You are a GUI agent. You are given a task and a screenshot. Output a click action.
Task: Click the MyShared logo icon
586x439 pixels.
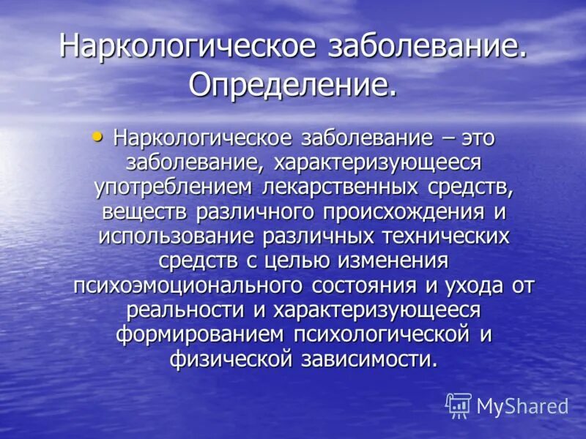click(x=459, y=405)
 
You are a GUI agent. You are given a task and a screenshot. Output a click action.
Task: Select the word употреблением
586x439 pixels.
click(x=172, y=187)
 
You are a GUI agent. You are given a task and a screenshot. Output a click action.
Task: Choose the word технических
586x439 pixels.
click(x=438, y=236)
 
